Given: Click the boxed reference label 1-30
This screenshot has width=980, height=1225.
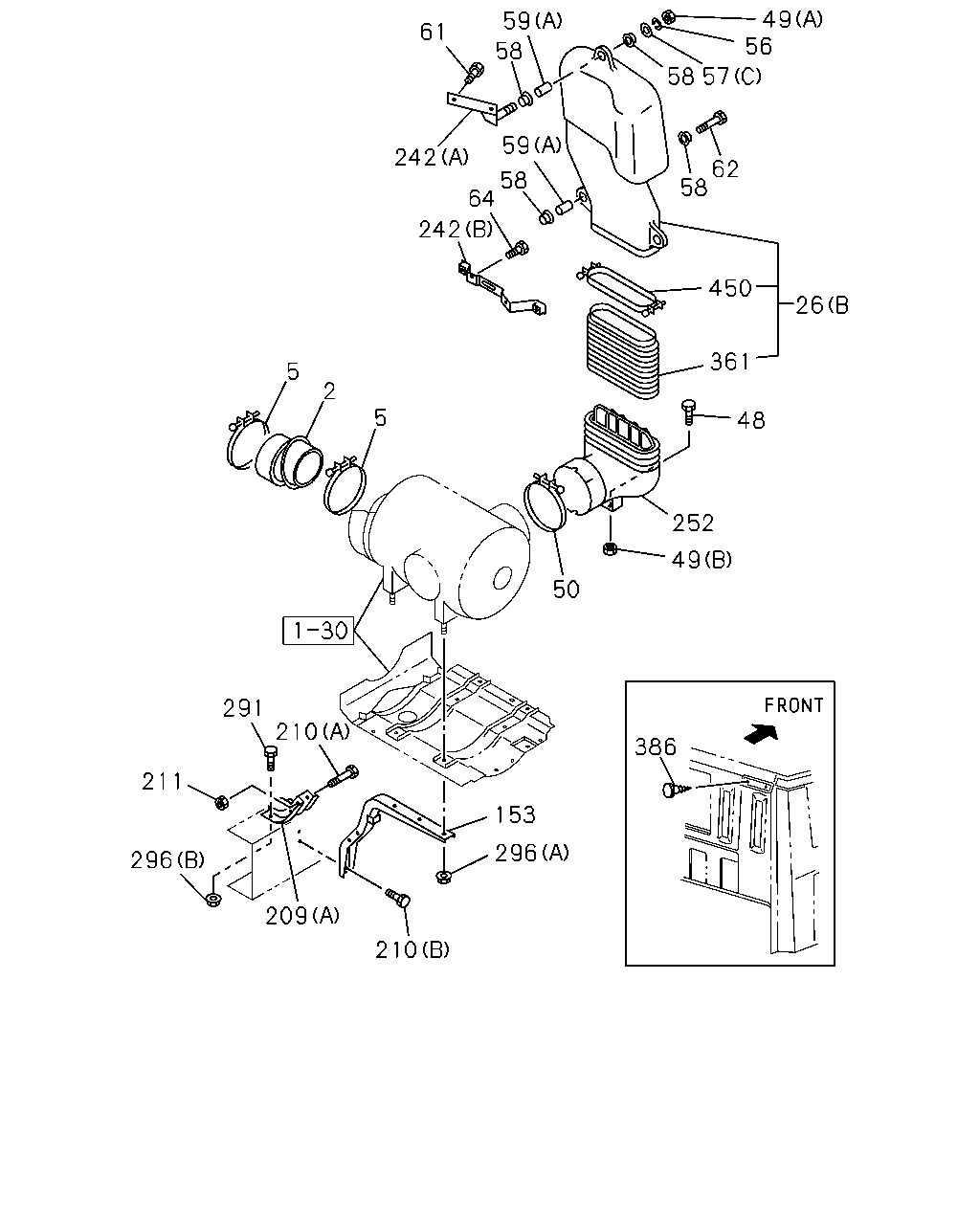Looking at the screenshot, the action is pyautogui.click(x=319, y=630).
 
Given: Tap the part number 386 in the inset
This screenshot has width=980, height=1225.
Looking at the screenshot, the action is pyautogui.click(x=656, y=746).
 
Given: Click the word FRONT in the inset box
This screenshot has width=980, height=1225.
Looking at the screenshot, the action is pyautogui.click(x=793, y=706).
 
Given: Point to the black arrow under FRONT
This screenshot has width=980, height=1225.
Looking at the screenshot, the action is pyautogui.click(x=762, y=733).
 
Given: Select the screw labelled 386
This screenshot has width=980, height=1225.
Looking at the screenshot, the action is pyautogui.click(x=675, y=791).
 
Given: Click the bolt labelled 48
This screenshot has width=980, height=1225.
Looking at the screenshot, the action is pyautogui.click(x=688, y=412).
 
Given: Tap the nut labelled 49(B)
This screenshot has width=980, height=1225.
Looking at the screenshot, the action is pyautogui.click(x=610, y=549).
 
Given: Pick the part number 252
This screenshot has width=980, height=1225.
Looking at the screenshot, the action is pyautogui.click(x=693, y=523).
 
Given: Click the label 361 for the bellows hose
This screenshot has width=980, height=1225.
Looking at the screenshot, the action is pyautogui.click(x=730, y=362).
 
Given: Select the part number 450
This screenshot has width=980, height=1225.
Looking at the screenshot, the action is pyautogui.click(x=730, y=288).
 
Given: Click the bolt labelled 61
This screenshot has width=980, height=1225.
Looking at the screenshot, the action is pyautogui.click(x=474, y=74).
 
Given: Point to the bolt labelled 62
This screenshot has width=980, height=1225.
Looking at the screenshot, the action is pyautogui.click(x=711, y=122).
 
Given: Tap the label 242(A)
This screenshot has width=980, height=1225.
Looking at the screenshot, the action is pyautogui.click(x=431, y=157).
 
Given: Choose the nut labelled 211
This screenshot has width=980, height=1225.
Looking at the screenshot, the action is pyautogui.click(x=222, y=802).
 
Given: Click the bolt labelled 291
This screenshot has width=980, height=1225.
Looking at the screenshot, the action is pyautogui.click(x=271, y=756).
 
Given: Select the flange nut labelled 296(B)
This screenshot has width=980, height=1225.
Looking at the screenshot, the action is pyautogui.click(x=213, y=900).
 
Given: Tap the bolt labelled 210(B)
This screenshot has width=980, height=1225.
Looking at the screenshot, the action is pyautogui.click(x=398, y=898).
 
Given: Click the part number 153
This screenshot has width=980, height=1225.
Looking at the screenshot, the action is pyautogui.click(x=515, y=814).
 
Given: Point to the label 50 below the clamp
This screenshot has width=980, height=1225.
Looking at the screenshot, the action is pyautogui.click(x=566, y=590).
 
